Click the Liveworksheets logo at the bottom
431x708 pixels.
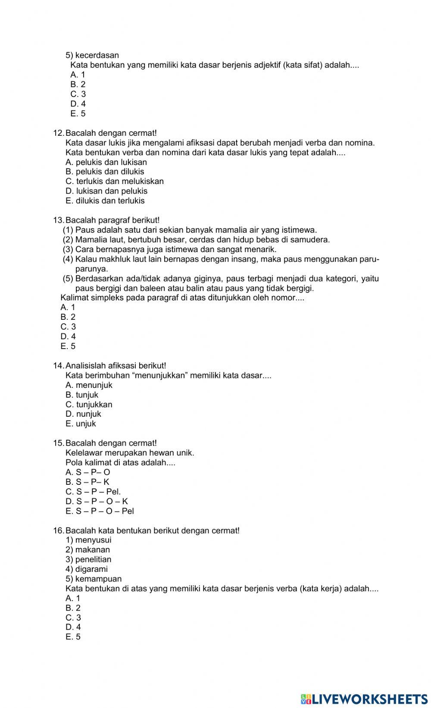click(364, 699)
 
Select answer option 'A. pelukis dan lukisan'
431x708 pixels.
click(106, 162)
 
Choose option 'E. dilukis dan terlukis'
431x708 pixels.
click(105, 201)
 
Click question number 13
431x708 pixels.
click(58, 220)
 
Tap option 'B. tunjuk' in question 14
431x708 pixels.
click(82, 395)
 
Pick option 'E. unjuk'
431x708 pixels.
click(81, 424)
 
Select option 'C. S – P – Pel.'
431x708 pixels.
click(93, 492)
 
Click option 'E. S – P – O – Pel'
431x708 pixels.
click(100, 511)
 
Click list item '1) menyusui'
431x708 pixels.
click(88, 540)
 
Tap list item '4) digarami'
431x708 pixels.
click(87, 569)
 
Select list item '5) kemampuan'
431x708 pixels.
click(94, 579)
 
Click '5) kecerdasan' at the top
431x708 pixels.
click(92, 56)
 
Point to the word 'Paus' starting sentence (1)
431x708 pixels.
click(84, 230)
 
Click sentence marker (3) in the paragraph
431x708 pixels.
click(68, 250)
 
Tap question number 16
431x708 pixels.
click(58, 530)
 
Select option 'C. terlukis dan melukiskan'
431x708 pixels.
click(115, 181)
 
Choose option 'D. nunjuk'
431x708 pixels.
click(83, 414)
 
